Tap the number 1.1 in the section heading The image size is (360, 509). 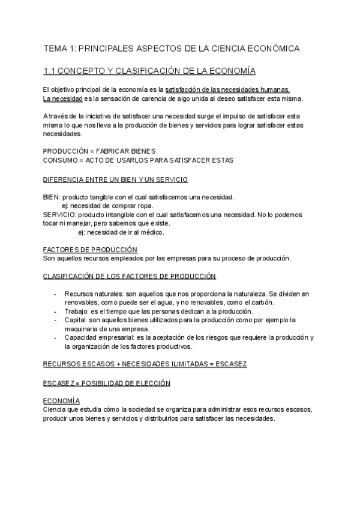[50, 71]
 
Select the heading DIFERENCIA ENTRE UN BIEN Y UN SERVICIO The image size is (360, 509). [115, 179]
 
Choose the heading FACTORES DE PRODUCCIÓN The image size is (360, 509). [91, 249]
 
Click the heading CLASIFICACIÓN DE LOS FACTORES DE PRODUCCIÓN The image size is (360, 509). [130, 276]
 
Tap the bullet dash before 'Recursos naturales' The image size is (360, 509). [55, 294]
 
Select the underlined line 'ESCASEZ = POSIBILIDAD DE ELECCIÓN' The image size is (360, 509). [107, 382]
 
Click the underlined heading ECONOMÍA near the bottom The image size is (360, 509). [62, 400]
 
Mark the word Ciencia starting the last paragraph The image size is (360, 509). [55, 409]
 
